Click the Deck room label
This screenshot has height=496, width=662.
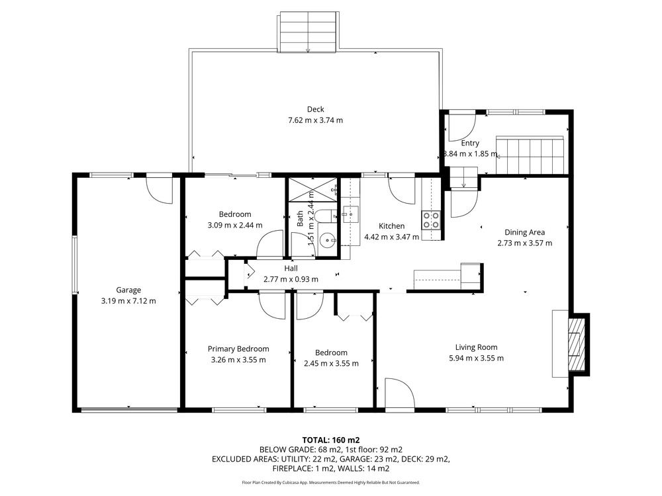315,109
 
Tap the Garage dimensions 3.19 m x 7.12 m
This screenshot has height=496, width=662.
128,301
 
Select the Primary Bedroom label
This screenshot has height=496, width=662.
238,349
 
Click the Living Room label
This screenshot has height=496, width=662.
476,347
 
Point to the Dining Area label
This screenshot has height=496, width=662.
524,232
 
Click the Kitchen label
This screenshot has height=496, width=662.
391,226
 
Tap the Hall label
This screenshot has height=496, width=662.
291,269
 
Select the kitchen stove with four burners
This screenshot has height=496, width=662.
431,220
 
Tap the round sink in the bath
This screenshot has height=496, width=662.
327,241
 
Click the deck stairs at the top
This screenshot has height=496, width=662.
308,32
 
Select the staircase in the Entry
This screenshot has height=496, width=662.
530,155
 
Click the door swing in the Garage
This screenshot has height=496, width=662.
160,190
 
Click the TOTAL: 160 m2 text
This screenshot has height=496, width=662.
331,440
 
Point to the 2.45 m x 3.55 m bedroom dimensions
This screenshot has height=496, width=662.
332,364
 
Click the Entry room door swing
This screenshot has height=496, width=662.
462,128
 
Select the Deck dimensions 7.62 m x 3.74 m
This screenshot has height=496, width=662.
315,120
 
